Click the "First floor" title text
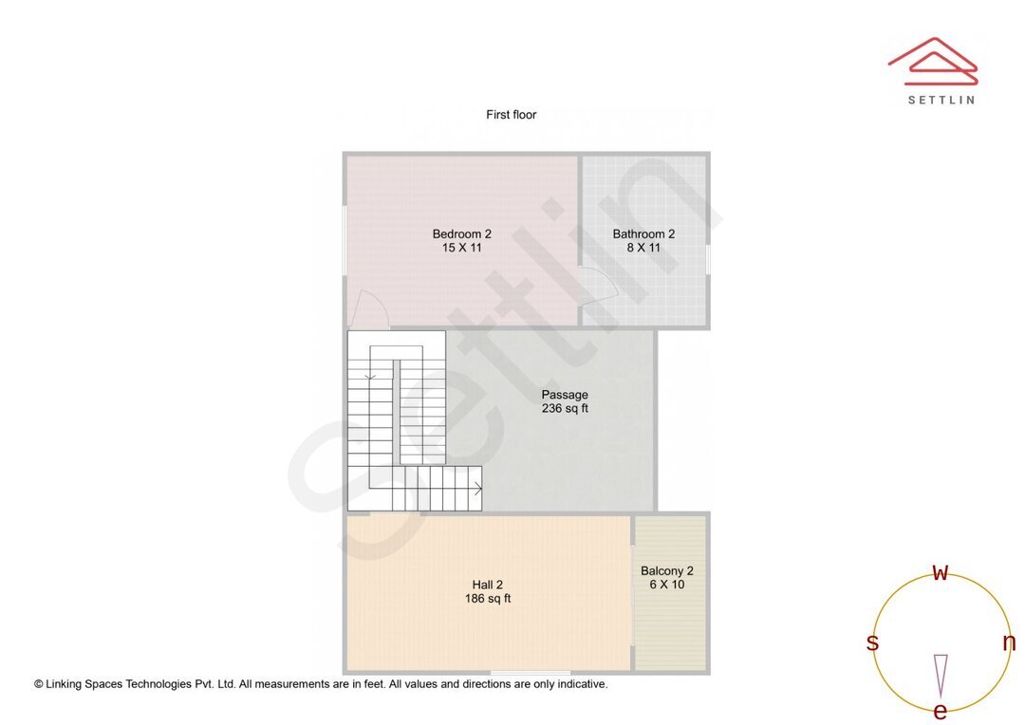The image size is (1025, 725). coord(512,115)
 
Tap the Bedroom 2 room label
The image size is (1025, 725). coord(461,234)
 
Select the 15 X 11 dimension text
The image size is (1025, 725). coord(461,248)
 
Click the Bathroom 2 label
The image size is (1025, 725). coord(643,234)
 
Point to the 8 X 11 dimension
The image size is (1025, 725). coord(643,248)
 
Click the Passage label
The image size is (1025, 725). coord(565,395)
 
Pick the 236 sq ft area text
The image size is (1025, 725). coord(565,409)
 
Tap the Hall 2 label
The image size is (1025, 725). coord(488,585)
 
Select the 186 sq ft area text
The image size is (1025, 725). coord(488,599)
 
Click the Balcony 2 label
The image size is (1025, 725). coord(667,571)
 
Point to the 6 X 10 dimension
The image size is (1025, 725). coord(667,585)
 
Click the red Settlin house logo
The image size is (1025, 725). coord(933,59)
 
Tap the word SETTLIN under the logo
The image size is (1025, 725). coord(941,100)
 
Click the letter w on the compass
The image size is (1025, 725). coord(941,572)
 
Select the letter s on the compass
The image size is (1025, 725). coord(872,642)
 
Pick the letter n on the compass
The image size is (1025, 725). coord(1009,642)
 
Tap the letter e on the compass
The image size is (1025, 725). coord(941,712)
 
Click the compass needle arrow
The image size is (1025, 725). coord(941,675)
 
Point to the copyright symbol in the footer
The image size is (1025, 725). coord(39,684)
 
